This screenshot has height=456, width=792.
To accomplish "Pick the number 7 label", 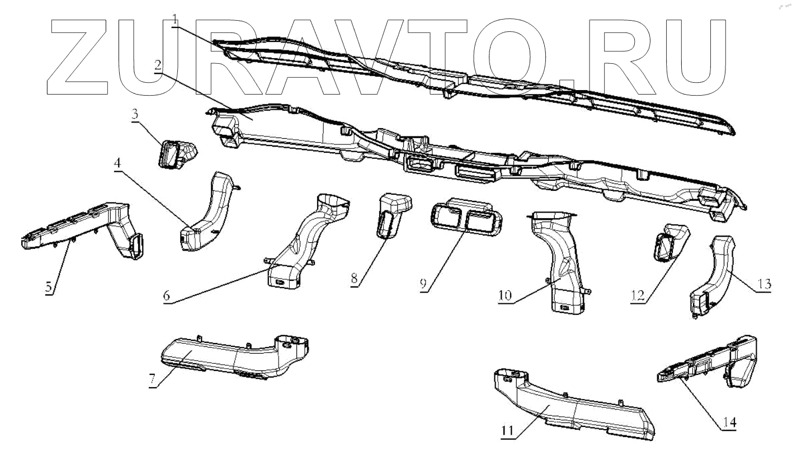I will (x=152, y=380).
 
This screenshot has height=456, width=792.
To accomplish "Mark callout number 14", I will (x=728, y=421).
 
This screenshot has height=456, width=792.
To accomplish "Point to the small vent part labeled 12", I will (x=670, y=242).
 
